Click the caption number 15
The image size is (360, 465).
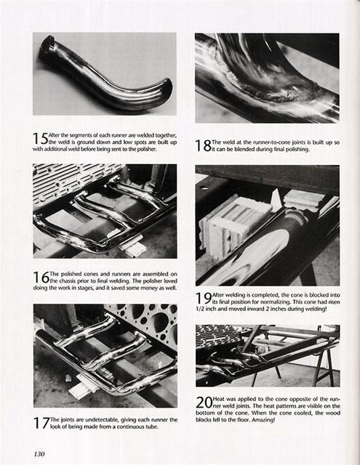40,137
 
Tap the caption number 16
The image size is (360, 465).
41,277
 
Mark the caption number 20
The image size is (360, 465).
204,403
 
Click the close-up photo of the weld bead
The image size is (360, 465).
266,77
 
